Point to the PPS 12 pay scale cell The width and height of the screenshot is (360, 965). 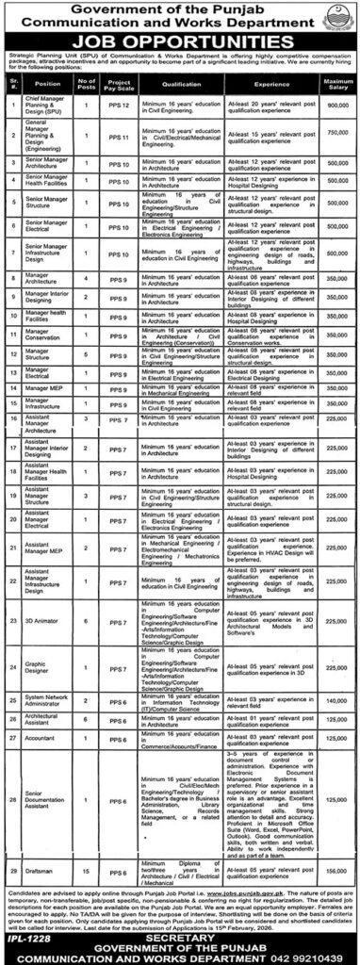coord(118,105)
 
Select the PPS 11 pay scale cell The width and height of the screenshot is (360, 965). coord(118,135)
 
